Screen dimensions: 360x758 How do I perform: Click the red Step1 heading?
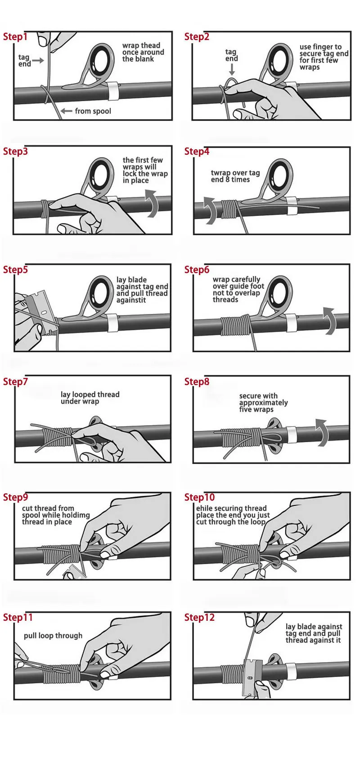pyautogui.click(x=15, y=36)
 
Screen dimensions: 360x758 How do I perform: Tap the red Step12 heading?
pyautogui.click(x=199, y=617)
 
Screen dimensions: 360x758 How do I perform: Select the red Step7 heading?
pyautogui.click(x=15, y=381)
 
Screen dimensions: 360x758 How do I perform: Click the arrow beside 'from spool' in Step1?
pyautogui.click(x=66, y=111)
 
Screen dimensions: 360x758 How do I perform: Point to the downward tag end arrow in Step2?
pyautogui.click(x=232, y=69)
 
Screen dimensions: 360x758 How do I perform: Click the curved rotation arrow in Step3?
pyautogui.click(x=152, y=203)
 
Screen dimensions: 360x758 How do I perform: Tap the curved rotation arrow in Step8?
pyautogui.click(x=323, y=433)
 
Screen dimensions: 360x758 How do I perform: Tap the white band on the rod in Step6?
pyautogui.click(x=291, y=323)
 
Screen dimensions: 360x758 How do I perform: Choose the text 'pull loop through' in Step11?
pyautogui.click(x=53, y=636)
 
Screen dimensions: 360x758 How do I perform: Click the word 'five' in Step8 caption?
pyautogui.click(x=246, y=409)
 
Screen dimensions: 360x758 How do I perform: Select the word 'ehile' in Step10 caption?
pyautogui.click(x=205, y=508)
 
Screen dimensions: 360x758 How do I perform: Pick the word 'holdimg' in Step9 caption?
pyautogui.click(x=77, y=516)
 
